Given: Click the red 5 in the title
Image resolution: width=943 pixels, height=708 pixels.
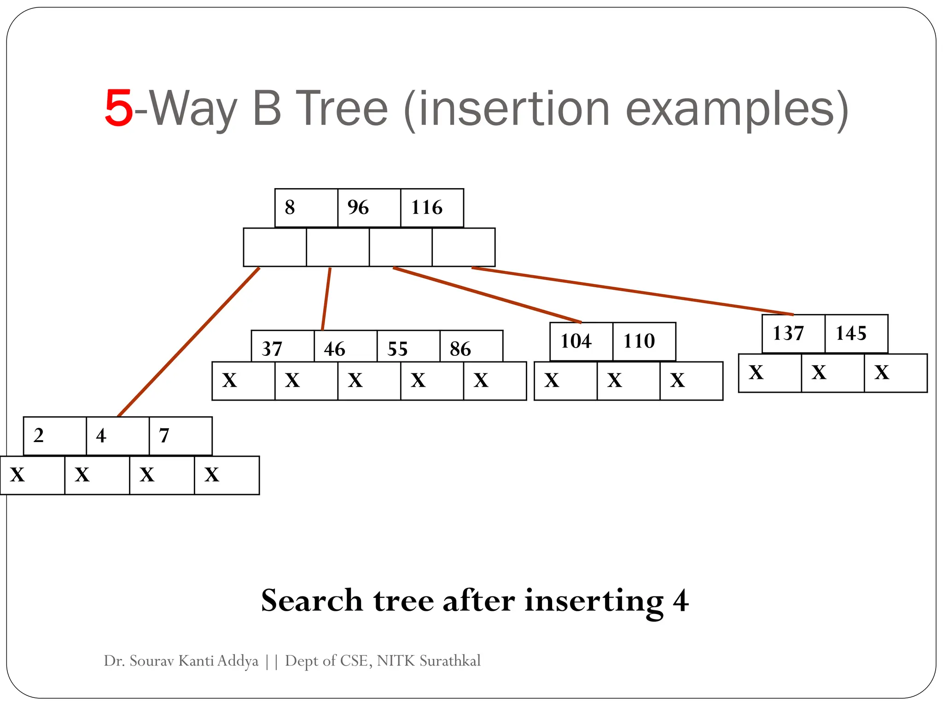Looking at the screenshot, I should tap(119, 109).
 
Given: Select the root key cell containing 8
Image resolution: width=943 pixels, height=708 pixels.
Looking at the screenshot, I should tap(306, 208).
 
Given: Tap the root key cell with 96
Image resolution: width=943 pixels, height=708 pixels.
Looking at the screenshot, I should tap(369, 208).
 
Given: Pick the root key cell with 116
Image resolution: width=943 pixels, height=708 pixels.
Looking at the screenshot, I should tap(431, 208).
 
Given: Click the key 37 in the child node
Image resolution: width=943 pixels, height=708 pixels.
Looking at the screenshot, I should tap(282, 347).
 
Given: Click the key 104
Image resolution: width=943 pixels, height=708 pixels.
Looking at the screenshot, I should tap(581, 342).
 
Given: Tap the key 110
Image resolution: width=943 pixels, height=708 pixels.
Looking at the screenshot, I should tap(644, 342).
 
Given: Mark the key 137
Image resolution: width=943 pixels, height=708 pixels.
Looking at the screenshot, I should tap(793, 334).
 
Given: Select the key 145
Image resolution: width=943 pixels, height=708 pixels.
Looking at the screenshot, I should tap(856, 334).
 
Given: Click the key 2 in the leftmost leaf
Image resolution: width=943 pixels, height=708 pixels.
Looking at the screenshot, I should tap(54, 436).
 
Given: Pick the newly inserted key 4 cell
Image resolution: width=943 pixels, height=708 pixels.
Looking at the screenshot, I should tap(117, 436).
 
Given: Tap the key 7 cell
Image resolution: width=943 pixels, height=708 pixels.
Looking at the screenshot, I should tap(180, 436).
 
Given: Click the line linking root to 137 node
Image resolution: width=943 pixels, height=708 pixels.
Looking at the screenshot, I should tap(633, 291).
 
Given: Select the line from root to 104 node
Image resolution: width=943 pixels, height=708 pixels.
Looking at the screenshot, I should tap(487, 295).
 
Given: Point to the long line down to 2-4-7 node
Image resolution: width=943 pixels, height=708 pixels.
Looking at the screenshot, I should tap(189, 342).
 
